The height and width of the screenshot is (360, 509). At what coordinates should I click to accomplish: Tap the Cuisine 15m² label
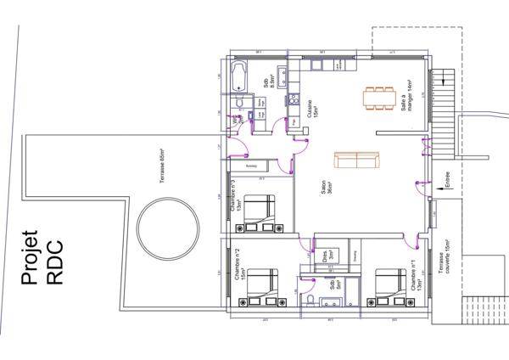[311, 106]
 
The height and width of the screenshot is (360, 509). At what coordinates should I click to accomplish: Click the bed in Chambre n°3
[260, 212]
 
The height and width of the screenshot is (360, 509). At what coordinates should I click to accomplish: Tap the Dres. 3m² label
[328, 253]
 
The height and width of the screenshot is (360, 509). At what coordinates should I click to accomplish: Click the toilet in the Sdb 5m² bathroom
[313, 303]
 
